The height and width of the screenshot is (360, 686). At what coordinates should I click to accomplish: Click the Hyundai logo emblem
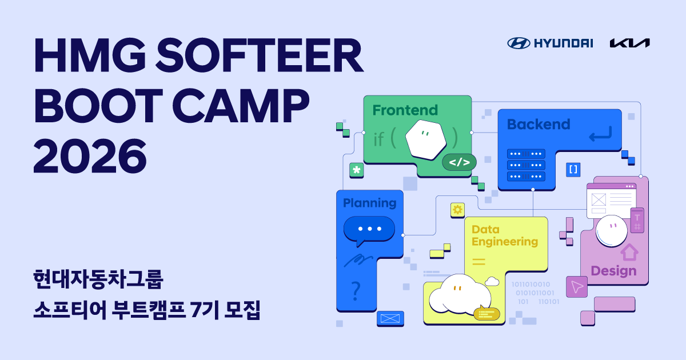519,43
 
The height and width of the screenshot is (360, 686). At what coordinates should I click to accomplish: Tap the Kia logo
629,43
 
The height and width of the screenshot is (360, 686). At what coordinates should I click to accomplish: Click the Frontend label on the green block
405,110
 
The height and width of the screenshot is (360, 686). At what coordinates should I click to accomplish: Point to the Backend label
539,124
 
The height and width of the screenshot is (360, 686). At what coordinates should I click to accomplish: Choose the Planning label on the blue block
369,203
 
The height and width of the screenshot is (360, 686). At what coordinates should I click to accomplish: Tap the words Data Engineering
505,235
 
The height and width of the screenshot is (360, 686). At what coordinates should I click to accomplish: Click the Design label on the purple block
613,270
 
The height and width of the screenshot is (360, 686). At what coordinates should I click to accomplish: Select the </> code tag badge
459,162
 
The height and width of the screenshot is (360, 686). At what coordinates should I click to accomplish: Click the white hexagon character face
425,139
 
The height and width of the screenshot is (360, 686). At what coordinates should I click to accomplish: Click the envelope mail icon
390,318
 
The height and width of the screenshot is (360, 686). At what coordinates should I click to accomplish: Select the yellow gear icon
457,210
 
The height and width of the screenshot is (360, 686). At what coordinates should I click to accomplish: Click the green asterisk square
357,170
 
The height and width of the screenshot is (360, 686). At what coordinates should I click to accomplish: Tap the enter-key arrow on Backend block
600,135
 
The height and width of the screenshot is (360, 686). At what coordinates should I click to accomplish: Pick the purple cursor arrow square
577,287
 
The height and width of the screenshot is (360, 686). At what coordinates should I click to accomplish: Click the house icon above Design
629,251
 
